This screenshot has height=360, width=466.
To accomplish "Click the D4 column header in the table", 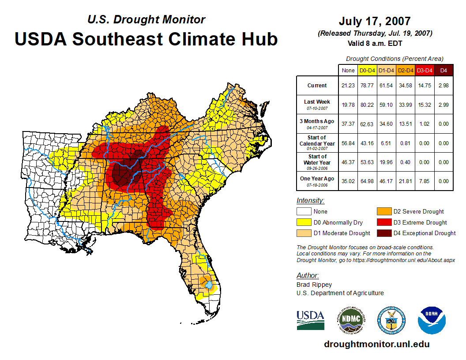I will click(x=443, y=70).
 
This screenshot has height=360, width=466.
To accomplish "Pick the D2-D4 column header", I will click(x=406, y=70).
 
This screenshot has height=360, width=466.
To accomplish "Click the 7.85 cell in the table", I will click(x=425, y=181).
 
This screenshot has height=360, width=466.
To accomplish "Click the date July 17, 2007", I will click(x=375, y=21).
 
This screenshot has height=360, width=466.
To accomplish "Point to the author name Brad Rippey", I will click(x=314, y=285).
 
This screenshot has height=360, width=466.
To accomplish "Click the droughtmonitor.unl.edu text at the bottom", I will click(x=377, y=344).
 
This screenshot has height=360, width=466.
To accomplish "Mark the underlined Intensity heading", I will click(x=310, y=200).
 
